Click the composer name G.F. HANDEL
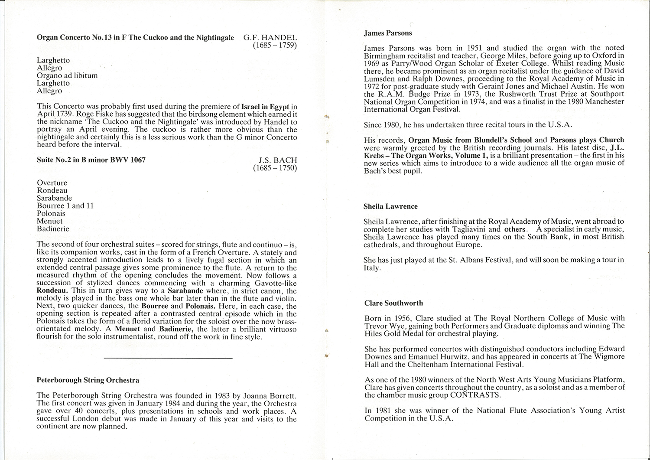coord(270,37)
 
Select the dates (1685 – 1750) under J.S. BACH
coord(275,168)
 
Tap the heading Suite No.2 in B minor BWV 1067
coord(91,160)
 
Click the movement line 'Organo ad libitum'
coord(67,75)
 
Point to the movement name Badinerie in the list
coord(53,229)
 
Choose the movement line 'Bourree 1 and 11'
coord(65,206)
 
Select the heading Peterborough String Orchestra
coord(88,380)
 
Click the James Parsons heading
coord(388,33)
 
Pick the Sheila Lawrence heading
coord(390,206)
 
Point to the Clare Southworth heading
coord(393,303)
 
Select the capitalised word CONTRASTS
coord(475,395)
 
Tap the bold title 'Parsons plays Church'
coord(587,140)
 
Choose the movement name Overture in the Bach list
coord(52,183)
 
